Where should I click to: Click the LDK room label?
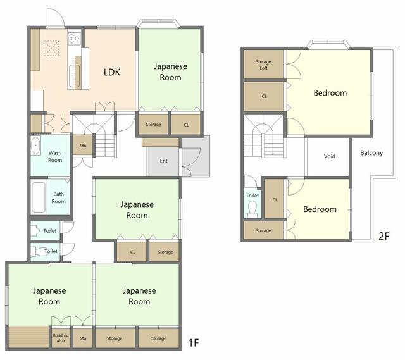(x=112, y=72)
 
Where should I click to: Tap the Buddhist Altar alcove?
(x=61, y=338)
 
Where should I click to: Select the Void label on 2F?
(x=329, y=156)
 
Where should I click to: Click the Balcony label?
(x=371, y=153)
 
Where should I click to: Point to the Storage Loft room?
(x=264, y=65)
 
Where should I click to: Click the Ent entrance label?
(x=163, y=161)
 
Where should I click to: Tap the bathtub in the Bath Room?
(x=39, y=197)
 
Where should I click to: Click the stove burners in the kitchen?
(x=74, y=38)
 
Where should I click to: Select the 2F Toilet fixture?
(x=252, y=208)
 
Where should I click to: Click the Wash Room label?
(x=55, y=156)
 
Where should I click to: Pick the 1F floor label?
(x=194, y=343)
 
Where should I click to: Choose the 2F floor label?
(x=384, y=236)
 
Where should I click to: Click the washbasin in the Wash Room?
(x=35, y=146)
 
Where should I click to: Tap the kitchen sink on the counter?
(x=74, y=76)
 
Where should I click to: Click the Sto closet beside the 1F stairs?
(x=83, y=146)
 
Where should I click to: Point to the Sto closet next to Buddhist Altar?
(x=83, y=338)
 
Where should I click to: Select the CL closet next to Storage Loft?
(x=264, y=96)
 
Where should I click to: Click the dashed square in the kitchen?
(x=51, y=48)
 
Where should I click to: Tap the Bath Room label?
(x=59, y=197)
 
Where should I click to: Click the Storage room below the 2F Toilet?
(x=264, y=230)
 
